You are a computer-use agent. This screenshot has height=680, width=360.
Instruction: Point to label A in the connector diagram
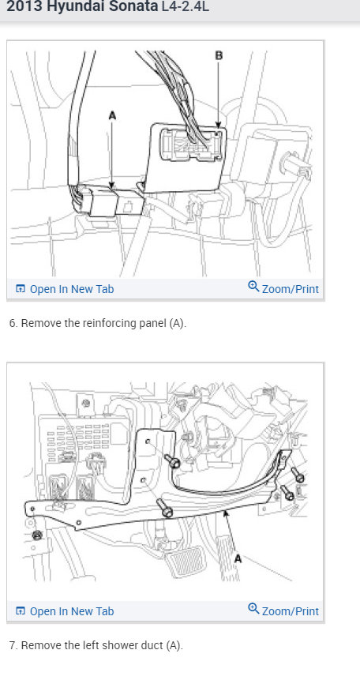(x=111, y=115)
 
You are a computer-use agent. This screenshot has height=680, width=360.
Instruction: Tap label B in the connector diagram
(x=219, y=54)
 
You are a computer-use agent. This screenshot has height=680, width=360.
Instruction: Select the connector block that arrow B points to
(x=192, y=145)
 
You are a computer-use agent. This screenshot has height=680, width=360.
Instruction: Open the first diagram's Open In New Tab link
(x=71, y=289)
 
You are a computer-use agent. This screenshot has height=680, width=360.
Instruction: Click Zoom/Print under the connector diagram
(x=290, y=289)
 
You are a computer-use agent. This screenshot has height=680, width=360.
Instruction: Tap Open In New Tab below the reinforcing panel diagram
(x=71, y=610)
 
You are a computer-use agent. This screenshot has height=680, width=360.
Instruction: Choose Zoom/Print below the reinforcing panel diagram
(x=290, y=610)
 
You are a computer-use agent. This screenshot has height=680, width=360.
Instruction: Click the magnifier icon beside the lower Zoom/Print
(x=253, y=609)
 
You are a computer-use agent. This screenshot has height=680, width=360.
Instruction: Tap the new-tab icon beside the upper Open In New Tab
(x=21, y=289)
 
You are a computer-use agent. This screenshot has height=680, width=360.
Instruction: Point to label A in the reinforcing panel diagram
(x=238, y=558)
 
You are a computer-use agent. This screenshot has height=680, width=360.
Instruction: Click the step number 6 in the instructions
(x=11, y=324)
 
